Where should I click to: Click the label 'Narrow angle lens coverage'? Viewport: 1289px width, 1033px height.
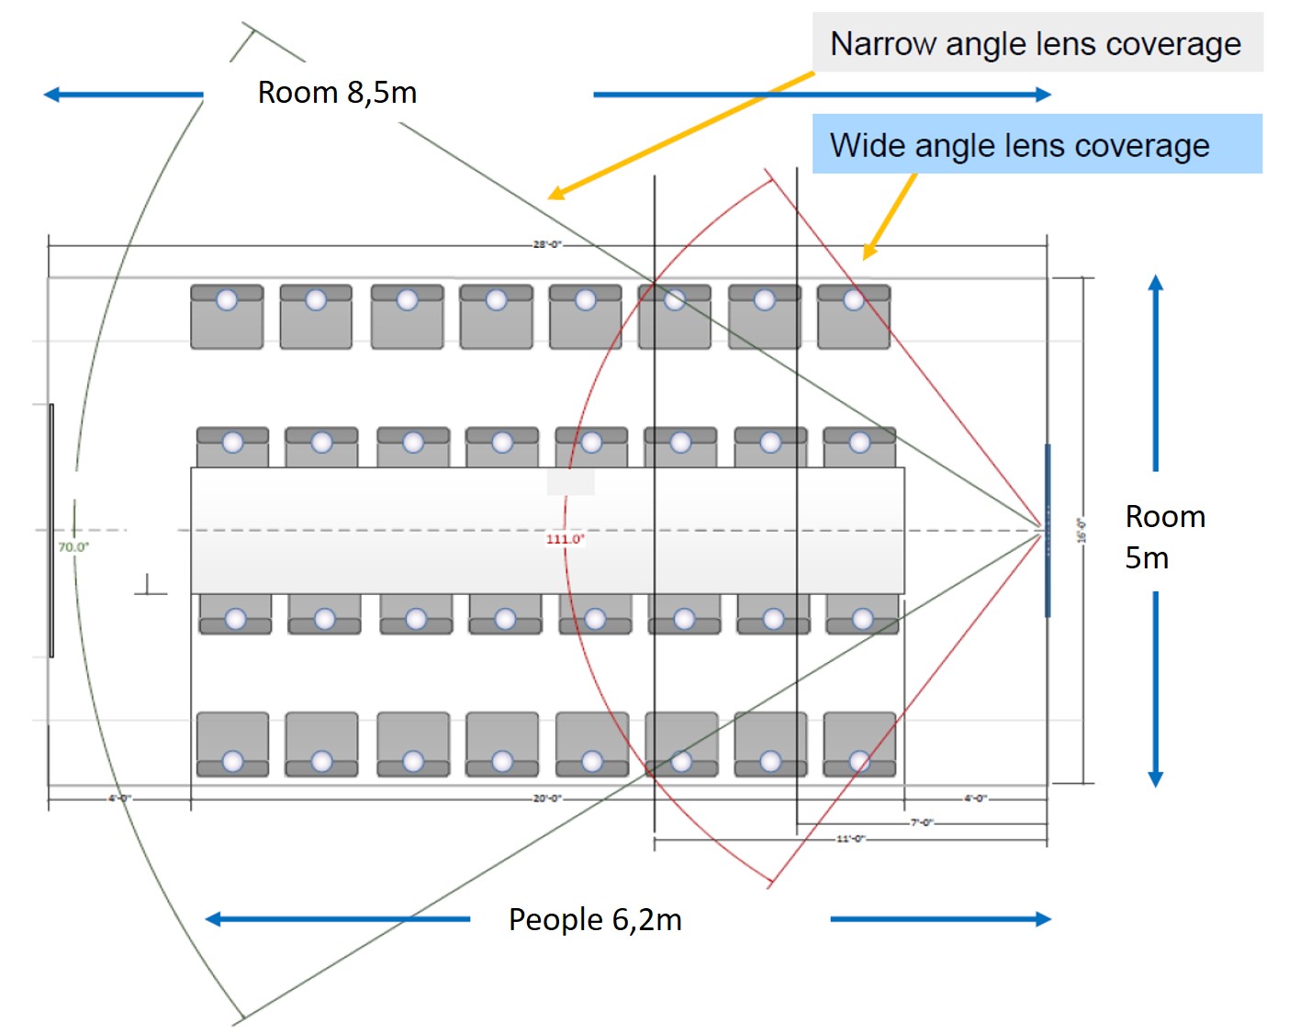(x=1036, y=43)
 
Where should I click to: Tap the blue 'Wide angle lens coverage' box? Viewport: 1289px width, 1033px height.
(x=1036, y=145)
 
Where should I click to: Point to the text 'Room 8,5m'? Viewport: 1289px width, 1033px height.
(x=337, y=93)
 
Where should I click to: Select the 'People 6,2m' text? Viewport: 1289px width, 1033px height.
(x=595, y=919)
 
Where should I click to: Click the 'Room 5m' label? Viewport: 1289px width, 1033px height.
(x=1164, y=537)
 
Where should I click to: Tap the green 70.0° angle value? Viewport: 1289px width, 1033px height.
(x=73, y=547)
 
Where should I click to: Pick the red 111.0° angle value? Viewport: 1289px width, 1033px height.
(x=565, y=539)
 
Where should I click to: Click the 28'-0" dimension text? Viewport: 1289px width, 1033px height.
(x=547, y=244)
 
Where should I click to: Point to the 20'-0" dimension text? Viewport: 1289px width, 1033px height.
(x=547, y=799)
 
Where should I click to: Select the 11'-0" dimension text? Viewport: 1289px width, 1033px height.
(x=850, y=838)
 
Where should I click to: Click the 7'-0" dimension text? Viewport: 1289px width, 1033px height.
(x=921, y=823)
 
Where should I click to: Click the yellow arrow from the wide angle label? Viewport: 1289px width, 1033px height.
(x=889, y=218)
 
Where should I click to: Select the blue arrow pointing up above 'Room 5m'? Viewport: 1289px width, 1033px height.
(x=1156, y=372)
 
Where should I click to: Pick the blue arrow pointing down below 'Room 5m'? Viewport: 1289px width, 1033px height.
(x=1156, y=689)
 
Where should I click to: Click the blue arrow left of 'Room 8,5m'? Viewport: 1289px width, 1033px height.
(x=123, y=95)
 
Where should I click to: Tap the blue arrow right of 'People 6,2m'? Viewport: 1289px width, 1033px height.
(x=940, y=919)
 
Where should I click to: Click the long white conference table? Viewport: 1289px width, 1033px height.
(x=547, y=530)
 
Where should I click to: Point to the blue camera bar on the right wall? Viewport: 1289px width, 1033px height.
(x=1048, y=531)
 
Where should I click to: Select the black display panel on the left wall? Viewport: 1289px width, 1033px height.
(x=51, y=531)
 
